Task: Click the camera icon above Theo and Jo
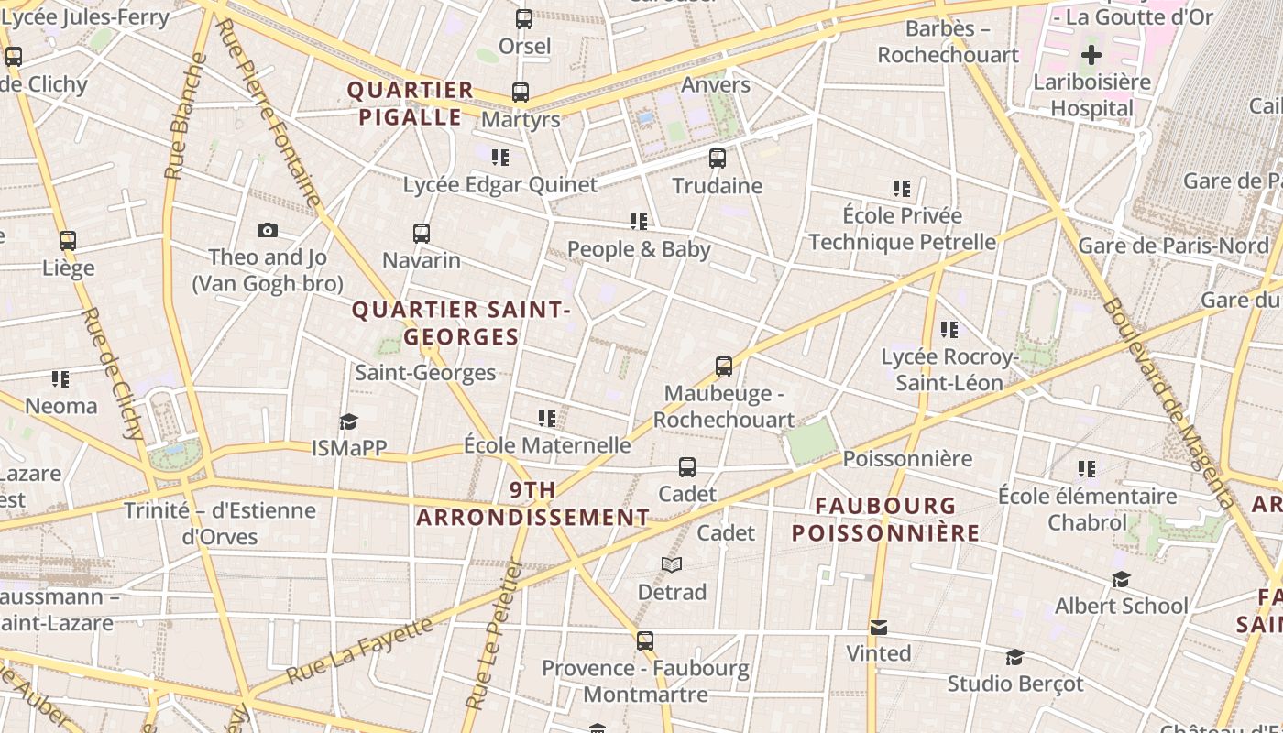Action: click(x=267, y=230)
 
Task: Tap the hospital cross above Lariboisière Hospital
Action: click(x=1091, y=55)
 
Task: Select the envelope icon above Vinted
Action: click(x=878, y=628)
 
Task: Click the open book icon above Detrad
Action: click(x=672, y=565)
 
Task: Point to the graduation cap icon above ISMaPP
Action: click(x=348, y=421)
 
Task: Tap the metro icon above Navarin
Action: click(x=422, y=234)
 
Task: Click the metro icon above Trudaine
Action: click(x=718, y=159)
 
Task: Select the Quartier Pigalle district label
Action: click(x=411, y=104)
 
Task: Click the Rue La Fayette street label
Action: click(x=360, y=651)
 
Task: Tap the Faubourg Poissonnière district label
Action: click(x=885, y=519)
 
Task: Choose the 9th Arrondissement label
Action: click(x=533, y=504)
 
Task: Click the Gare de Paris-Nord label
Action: click(x=1173, y=246)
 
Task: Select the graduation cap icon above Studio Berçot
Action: click(x=1014, y=658)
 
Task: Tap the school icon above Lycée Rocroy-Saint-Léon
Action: click(x=949, y=330)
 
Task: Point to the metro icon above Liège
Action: click(x=68, y=241)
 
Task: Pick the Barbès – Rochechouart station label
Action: click(x=948, y=41)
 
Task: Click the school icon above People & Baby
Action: click(x=639, y=222)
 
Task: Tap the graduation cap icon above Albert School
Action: click(x=1121, y=579)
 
